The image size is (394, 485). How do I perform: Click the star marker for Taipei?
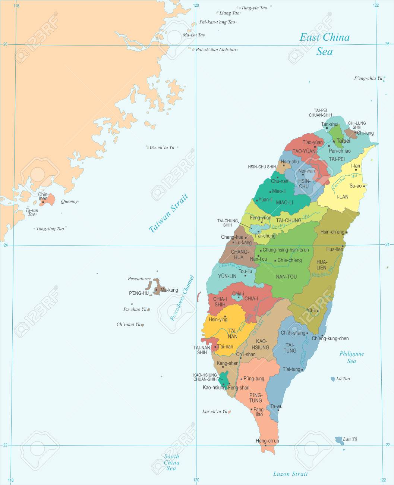[x=334, y=141]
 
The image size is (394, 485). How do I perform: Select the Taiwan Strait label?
[x=168, y=214]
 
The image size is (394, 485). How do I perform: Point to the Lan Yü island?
[x=339, y=440]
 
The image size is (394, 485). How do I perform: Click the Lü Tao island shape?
[x=333, y=379]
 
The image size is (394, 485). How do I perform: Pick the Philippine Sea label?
[x=352, y=357]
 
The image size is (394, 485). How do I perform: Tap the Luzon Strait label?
[x=290, y=474]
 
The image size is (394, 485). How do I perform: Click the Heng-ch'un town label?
[x=267, y=441]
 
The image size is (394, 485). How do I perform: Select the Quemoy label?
[x=69, y=201]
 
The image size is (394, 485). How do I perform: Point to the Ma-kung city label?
[x=169, y=290]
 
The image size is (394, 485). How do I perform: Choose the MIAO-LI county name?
[x=284, y=202]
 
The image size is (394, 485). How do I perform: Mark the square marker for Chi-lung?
[x=355, y=132]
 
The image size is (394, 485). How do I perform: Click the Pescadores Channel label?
[x=182, y=298]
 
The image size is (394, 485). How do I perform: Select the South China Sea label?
[x=171, y=462]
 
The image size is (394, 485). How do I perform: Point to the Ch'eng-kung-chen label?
[x=330, y=338]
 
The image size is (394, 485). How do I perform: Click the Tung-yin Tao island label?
[x=254, y=8]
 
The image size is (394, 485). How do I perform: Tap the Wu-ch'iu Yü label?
[x=162, y=147]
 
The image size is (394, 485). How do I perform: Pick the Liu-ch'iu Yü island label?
[x=215, y=412]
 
